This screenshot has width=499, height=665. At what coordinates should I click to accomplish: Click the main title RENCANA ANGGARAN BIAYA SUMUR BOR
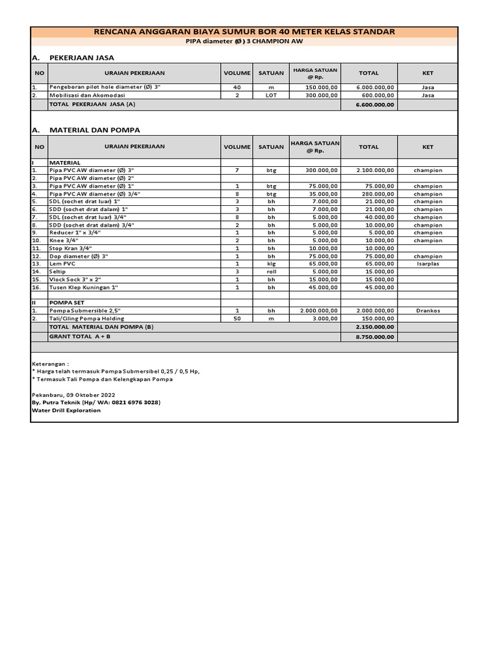[x=244, y=32]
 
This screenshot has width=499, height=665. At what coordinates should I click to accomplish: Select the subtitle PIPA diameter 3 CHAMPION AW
[x=244, y=42]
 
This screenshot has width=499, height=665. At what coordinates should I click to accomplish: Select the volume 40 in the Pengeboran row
[x=237, y=87]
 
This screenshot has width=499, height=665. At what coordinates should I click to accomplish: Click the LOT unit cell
[x=271, y=95]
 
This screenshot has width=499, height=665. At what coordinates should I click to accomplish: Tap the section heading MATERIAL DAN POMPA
[x=94, y=130]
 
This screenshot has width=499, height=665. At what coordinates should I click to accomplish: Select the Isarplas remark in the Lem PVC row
[x=428, y=264]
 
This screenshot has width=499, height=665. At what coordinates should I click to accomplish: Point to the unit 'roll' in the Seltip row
[x=271, y=271]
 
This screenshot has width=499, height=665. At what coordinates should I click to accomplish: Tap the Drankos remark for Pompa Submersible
[x=428, y=311]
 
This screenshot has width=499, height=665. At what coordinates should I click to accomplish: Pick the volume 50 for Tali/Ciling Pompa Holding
[x=237, y=319]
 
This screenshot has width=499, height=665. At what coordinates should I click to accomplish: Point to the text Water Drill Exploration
[x=66, y=410]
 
